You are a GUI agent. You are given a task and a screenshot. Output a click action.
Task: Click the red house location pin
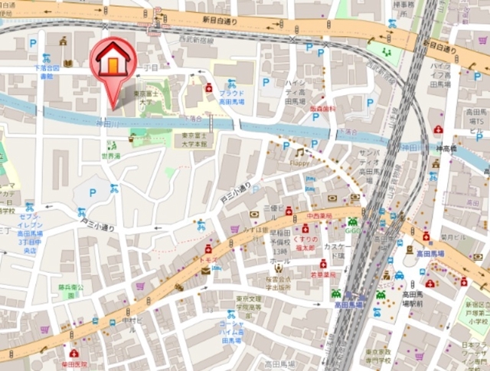pyautogui.click(x=113, y=61)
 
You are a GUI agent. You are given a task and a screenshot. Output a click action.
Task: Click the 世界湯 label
pyautogui.click(x=111, y=156)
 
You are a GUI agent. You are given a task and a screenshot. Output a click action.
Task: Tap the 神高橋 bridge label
pyautogui.click(x=446, y=147)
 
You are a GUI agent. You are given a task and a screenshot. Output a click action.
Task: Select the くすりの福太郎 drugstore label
pyautogui.click(x=305, y=243)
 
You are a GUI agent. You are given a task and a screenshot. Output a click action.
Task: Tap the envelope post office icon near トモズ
pyautogui.click(x=205, y=269)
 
